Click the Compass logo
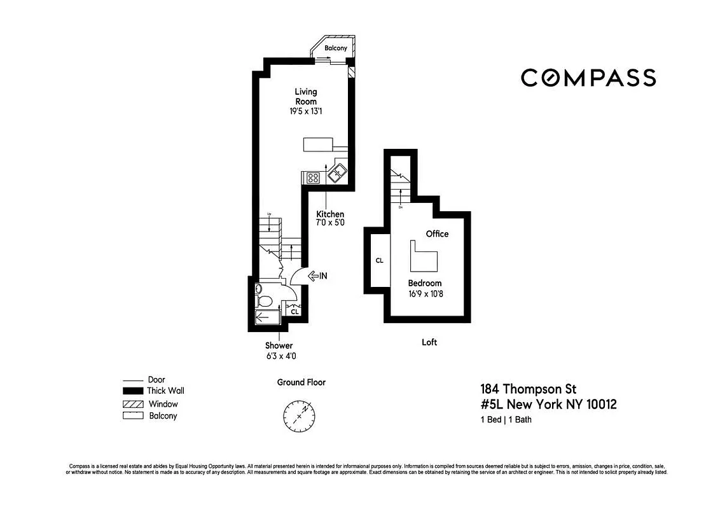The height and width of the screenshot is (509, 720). [x=588, y=78]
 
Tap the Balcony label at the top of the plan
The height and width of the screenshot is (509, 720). [x=335, y=48]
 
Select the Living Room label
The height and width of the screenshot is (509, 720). [x=305, y=97]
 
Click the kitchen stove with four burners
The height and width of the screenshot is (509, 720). [x=313, y=178]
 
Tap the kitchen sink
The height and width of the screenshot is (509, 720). [x=338, y=171]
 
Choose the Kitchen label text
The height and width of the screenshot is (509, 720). [x=330, y=214]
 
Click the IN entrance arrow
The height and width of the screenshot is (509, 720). [x=317, y=275]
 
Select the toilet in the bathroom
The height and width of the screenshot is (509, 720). [x=264, y=300]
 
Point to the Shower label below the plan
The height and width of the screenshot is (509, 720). [x=279, y=345]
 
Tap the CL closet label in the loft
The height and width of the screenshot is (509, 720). [x=379, y=260]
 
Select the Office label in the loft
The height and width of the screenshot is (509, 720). [x=437, y=234]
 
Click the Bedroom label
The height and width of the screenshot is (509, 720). [x=425, y=283]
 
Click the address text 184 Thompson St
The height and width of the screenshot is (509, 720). [x=528, y=389]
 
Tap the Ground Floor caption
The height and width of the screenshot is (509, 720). [x=301, y=382]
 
